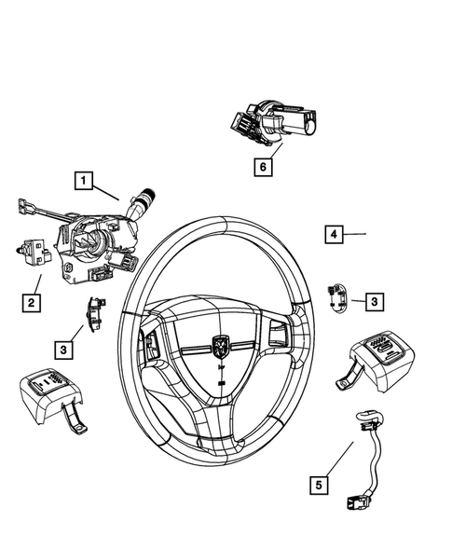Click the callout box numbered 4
click(334, 235)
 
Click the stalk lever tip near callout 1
click(146, 198)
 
